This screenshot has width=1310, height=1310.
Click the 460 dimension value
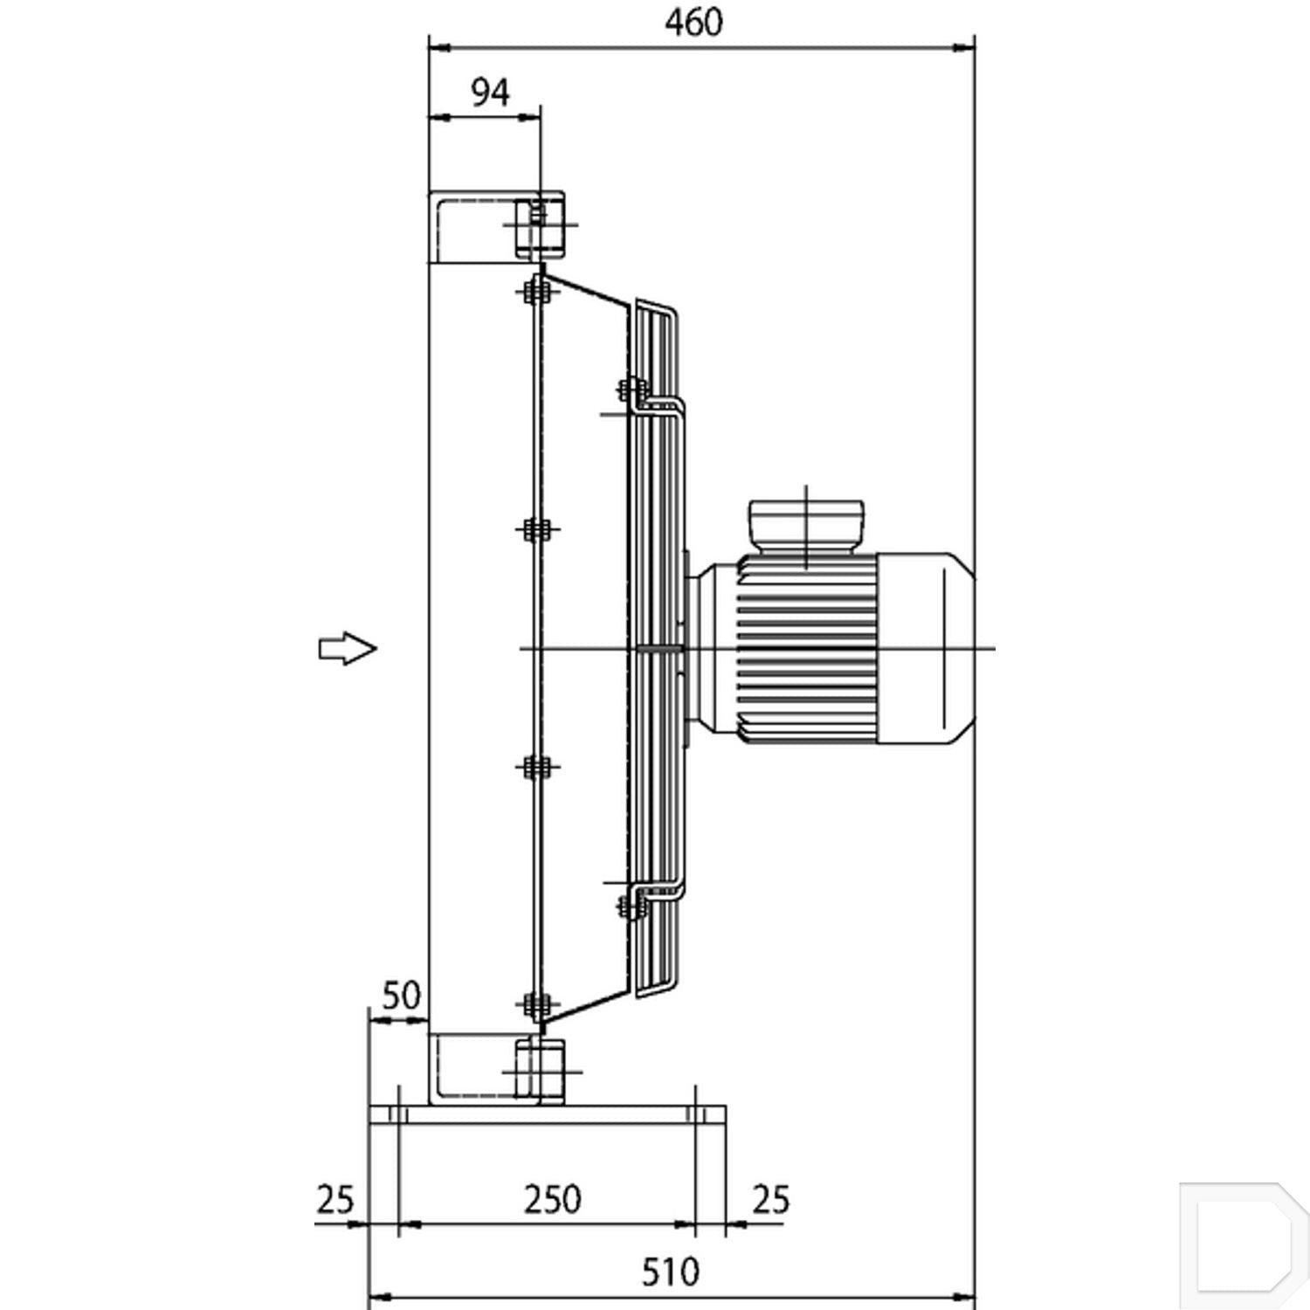pos(693,23)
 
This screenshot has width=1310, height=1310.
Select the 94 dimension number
pos(490,92)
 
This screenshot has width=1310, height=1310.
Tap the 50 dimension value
pos(402,995)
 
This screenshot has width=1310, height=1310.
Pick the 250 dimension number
pos(553,1200)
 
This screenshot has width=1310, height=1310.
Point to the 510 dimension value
pos(671,1272)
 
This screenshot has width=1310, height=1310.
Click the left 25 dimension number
pos(334,1200)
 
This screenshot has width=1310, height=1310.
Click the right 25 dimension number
pos(770,1200)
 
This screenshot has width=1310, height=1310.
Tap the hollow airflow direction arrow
pos(347,648)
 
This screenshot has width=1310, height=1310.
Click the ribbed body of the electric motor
pos(807,648)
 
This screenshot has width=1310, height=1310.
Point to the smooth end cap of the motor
pos(927,648)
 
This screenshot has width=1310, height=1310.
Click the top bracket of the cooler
pos(496,225)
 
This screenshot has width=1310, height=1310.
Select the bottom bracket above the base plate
pos(496,1070)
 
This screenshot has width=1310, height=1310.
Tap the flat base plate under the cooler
pos(548,1115)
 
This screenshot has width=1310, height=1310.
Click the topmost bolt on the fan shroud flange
pos(535,291)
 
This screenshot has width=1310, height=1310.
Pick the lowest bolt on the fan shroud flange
pos(535,1005)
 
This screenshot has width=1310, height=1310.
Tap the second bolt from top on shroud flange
pos(535,529)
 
